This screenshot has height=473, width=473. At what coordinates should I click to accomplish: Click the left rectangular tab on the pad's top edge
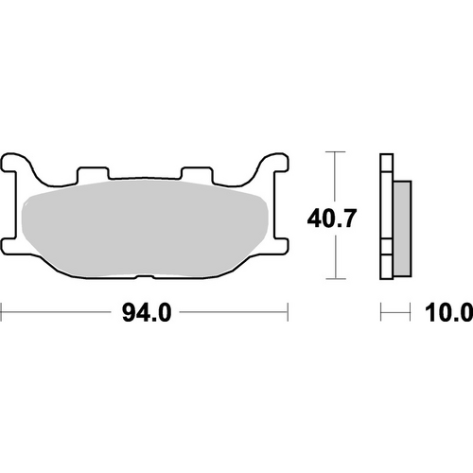(x=92, y=174)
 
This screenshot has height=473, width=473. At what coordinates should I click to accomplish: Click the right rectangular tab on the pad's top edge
(x=198, y=174)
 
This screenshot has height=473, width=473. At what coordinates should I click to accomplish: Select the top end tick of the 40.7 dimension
(x=334, y=151)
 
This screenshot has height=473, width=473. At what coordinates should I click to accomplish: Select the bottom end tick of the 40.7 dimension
(x=334, y=280)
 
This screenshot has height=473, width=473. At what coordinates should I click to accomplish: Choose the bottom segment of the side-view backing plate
(x=386, y=268)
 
